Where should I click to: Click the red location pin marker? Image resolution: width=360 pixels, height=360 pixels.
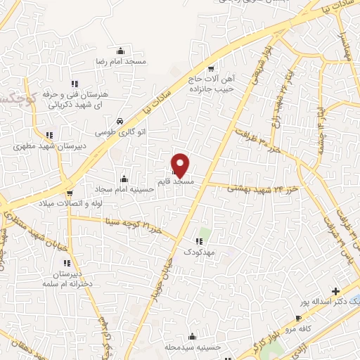[x=181, y=165]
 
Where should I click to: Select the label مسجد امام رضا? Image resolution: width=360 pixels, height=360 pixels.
[x=122, y=62]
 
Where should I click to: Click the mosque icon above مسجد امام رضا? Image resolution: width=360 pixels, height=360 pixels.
[x=122, y=51]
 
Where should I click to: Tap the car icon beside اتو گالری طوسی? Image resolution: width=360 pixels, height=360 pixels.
[x=121, y=120]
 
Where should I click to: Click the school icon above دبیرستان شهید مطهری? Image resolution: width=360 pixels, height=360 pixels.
[x=49, y=135]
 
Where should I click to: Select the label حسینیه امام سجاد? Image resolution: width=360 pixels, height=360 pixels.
[x=124, y=190]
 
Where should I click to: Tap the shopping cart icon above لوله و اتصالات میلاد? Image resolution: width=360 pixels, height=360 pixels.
[x=70, y=192]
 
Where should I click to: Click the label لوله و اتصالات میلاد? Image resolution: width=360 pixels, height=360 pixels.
[x=69, y=204]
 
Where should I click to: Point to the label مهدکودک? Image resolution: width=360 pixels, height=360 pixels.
[x=209, y=251]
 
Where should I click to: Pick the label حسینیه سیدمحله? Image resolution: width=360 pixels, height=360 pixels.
[x=192, y=347]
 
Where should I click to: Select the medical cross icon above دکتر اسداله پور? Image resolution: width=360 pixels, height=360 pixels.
[x=335, y=291]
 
